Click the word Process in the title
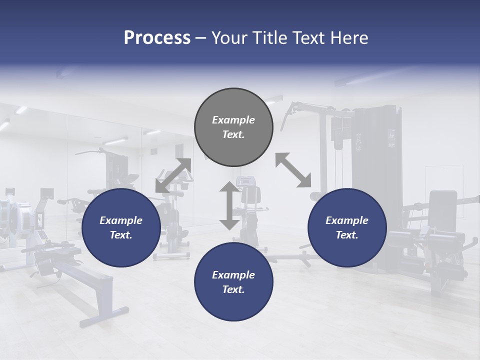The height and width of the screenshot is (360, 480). click(x=157, y=37)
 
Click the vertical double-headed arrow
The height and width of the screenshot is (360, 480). click(x=229, y=206)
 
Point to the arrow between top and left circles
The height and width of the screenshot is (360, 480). click(x=173, y=175)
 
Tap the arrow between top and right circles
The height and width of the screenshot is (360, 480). click(x=293, y=170)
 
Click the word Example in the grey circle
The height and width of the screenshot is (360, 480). click(x=233, y=120)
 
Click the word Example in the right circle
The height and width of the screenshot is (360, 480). click(x=347, y=220)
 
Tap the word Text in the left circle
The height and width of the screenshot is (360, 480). click(x=120, y=235)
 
